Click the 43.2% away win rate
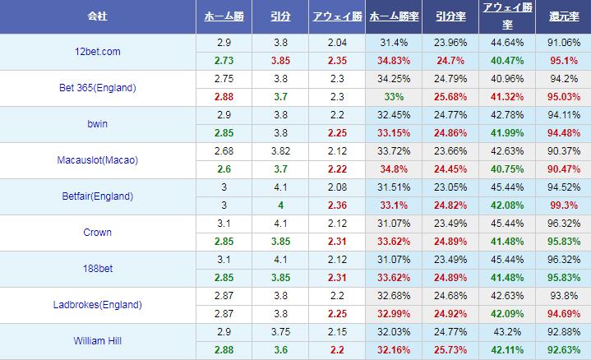[507, 332]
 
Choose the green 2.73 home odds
[223, 61]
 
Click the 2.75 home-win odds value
[223, 79]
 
